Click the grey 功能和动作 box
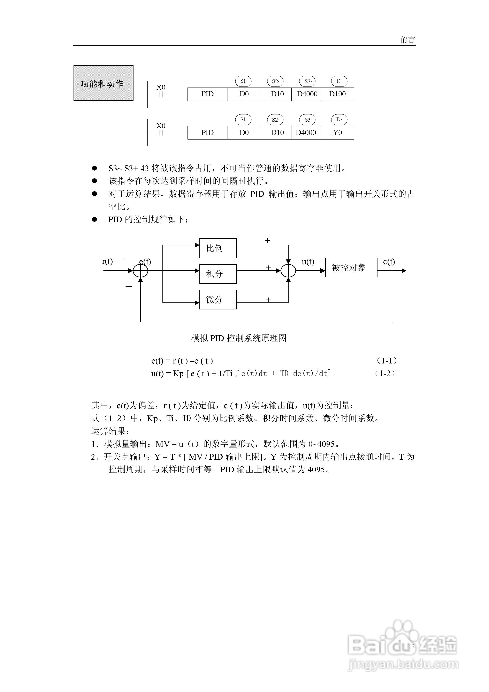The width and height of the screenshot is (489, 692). point(103,83)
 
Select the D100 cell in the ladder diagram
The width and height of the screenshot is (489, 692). point(337,94)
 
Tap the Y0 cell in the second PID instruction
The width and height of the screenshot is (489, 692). point(337,133)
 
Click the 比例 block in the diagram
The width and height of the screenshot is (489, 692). point(218,248)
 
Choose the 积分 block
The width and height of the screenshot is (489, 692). point(218,274)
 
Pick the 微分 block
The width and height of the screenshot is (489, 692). point(218,300)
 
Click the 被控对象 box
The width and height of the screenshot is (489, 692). point(351,268)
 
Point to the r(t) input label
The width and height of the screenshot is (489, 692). point(107,261)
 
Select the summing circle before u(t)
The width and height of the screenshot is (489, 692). point(288,271)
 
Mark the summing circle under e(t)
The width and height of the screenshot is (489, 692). point(140,271)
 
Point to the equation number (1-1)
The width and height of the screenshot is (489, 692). point(387,360)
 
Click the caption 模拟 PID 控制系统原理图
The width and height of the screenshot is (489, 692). point(239,338)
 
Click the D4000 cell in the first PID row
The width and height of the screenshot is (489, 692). point(307,94)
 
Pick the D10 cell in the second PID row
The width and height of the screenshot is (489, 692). point(277,133)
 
